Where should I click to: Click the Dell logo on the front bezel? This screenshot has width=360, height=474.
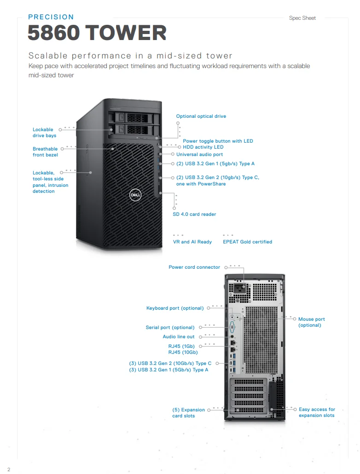tap(135, 195)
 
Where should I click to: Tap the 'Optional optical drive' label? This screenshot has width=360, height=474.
tap(201, 116)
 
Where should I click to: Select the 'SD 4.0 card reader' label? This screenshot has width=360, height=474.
tap(194, 214)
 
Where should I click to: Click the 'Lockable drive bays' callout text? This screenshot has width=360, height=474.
tap(44, 133)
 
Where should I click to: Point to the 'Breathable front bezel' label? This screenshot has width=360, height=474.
tap(45, 152)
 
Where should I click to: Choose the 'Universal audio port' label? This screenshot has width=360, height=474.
tap(199, 155)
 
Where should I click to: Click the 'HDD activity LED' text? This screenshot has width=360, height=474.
tap(203, 147)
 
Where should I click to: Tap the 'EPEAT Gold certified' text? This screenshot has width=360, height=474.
tap(247, 242)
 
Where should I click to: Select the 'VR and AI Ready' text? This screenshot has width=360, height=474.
tap(192, 242)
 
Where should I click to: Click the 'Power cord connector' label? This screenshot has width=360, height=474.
tap(194, 267)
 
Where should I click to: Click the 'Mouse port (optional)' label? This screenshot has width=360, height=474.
tap(311, 322)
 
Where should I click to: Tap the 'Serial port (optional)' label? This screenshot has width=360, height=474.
tap(170, 328)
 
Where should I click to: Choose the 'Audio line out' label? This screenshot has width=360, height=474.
tap(179, 337)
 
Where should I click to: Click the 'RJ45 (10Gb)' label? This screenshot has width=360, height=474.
tap(183, 353)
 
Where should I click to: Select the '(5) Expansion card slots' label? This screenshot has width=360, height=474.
tap(188, 413)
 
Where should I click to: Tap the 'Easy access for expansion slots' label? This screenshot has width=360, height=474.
tap(317, 412)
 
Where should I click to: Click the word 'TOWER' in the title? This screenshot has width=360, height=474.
tap(126, 33)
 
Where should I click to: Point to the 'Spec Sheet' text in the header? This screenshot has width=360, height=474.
tap(302, 18)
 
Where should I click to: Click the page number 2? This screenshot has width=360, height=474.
tap(8, 469)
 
